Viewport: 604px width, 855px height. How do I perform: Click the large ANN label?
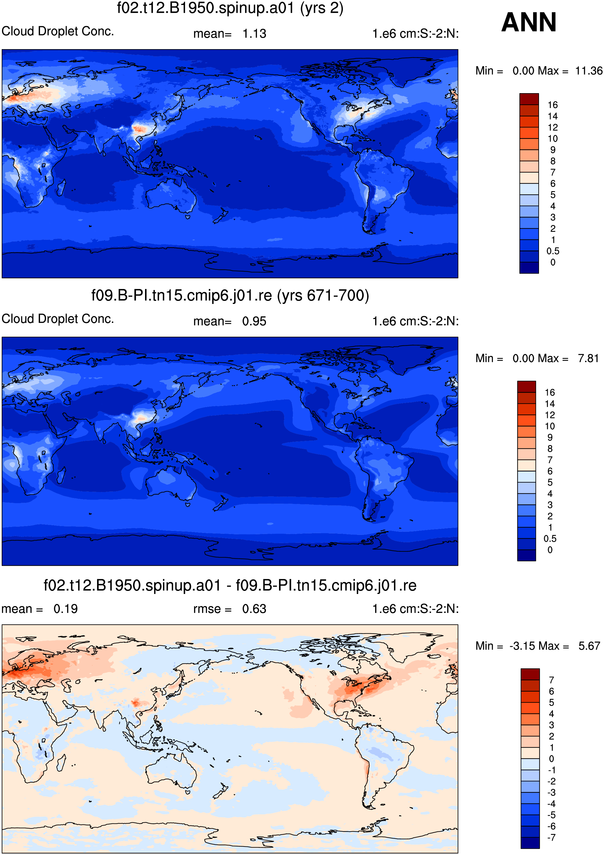point(528,22)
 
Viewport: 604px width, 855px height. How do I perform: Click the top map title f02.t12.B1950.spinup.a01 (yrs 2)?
point(230,8)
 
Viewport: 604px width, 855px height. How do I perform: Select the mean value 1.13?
point(255,34)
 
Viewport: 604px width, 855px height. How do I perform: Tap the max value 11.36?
point(589,71)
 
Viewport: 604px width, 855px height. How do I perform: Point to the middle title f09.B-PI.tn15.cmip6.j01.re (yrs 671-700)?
point(230,295)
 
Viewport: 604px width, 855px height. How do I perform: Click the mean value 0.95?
point(255,321)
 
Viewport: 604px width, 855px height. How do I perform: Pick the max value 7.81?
point(588,358)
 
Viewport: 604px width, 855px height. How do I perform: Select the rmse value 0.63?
point(255,609)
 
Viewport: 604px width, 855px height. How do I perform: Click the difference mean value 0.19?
point(66,609)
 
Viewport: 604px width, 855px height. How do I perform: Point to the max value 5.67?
point(589,646)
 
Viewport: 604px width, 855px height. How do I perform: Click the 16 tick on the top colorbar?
point(553,105)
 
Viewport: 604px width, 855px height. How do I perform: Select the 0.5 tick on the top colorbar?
point(553,251)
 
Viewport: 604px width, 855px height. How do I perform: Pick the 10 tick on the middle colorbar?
point(550,426)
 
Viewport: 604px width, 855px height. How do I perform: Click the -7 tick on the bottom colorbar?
point(551,837)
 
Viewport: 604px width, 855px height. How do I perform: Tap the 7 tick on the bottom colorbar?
point(551,680)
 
